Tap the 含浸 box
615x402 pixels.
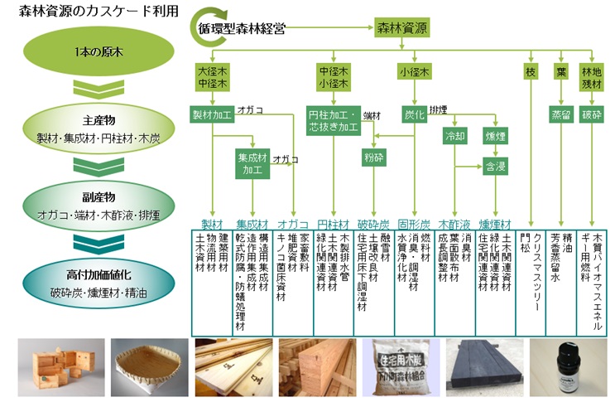click(x=495, y=167)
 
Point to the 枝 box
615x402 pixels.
click(x=531, y=72)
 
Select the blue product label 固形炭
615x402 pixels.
click(x=413, y=225)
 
